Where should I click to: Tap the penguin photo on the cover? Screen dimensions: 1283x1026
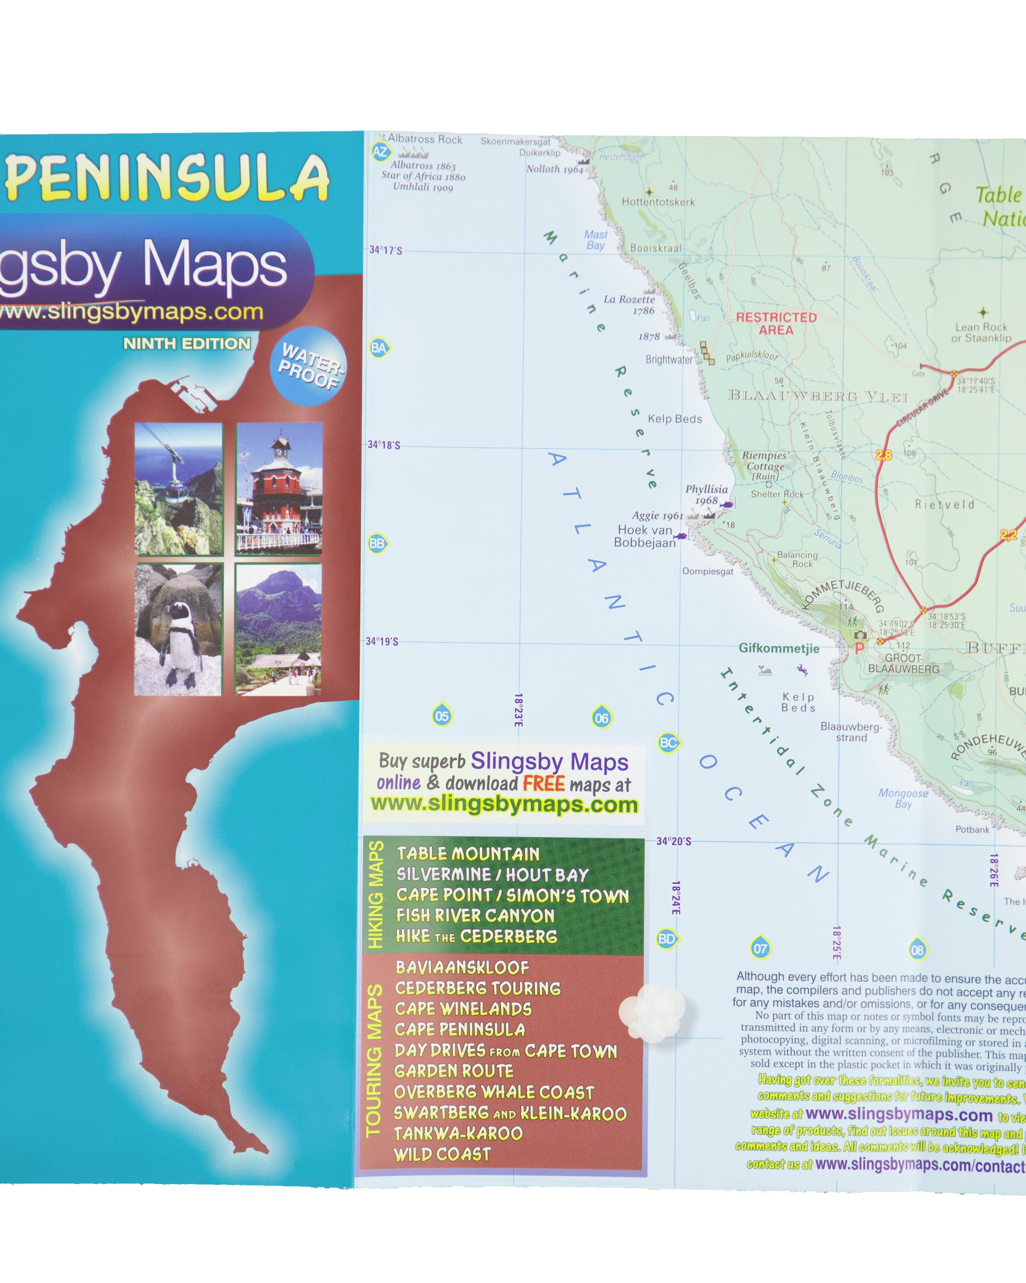179,630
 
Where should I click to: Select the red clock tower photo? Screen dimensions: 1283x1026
279,489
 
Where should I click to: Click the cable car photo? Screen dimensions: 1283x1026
179,489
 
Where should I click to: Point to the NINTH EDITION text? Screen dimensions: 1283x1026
187,344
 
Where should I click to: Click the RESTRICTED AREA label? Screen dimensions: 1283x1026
776,324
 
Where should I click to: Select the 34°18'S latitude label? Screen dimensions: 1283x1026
384,445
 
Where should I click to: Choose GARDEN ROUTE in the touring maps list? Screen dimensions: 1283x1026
454,1071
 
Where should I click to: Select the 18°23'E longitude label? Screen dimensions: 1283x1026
518,710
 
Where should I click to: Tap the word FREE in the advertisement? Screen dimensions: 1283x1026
544,783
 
